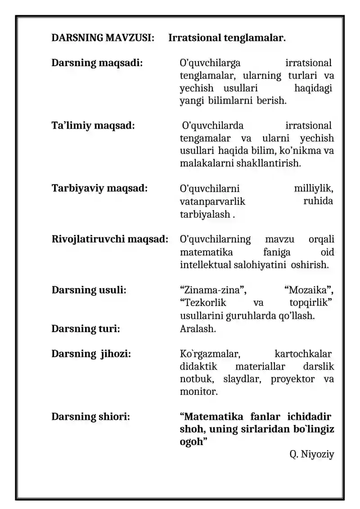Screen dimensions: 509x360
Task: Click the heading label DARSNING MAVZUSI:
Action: pos(103,38)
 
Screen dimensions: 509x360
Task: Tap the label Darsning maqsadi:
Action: pos(97,63)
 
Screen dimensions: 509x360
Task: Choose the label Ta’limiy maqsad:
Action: pos(93,125)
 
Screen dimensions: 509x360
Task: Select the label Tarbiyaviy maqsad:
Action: pos(99,188)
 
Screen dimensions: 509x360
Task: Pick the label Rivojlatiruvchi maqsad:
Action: pos(110,239)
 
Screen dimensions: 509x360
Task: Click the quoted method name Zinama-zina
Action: pos(209,290)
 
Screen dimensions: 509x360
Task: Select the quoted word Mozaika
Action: pos(310,290)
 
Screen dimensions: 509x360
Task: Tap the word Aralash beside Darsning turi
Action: pos(198,329)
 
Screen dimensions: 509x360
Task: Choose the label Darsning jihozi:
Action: pos(91,354)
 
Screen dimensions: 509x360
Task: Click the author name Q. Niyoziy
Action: pos(312,455)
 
